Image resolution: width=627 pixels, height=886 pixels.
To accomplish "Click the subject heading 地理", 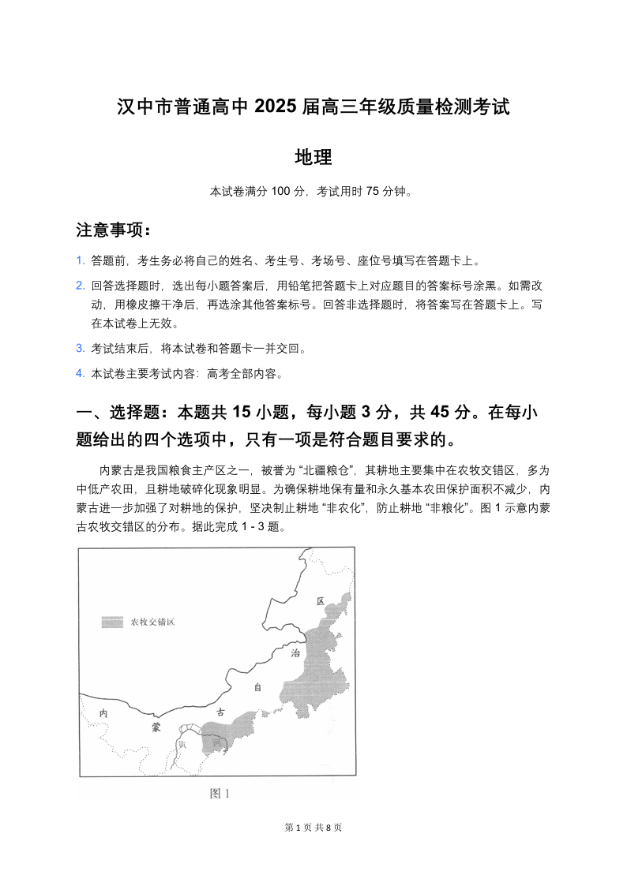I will click(x=313, y=157).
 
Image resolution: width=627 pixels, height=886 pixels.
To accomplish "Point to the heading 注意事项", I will click(x=111, y=230).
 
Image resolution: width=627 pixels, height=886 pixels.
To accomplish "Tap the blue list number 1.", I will click(x=80, y=260).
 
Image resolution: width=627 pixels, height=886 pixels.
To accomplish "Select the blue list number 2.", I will click(x=80, y=286).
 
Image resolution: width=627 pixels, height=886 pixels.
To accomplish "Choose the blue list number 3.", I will click(x=80, y=348).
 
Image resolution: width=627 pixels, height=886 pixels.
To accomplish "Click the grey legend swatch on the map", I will click(x=113, y=622).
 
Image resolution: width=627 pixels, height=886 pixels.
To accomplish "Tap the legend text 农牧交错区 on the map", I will click(x=152, y=622).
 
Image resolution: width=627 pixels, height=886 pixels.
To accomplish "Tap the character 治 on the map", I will click(x=294, y=653).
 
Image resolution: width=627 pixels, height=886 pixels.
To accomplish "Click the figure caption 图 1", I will click(x=219, y=794).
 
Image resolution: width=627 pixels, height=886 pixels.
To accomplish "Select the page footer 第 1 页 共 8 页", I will click(x=313, y=827).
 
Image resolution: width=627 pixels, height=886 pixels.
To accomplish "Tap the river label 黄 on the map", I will click(x=182, y=742).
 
